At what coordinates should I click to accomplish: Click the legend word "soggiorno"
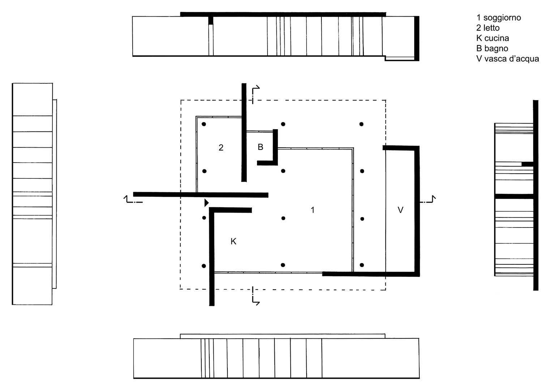[502, 18]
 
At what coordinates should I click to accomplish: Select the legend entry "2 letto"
[488, 28]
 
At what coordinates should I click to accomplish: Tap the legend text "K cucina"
[493, 38]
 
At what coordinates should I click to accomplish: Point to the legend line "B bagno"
[492, 48]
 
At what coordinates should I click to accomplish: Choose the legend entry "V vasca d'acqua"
[508, 59]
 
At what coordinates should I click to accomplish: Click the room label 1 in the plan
[312, 210]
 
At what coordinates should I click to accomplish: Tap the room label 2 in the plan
[221, 148]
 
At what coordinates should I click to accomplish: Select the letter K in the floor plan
[234, 242]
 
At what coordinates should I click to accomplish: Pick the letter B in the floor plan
[261, 147]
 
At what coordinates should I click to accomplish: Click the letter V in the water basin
[401, 210]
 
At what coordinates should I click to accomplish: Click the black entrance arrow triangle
[206, 203]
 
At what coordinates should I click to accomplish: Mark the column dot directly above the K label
[204, 218]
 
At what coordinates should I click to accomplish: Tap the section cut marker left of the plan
[133, 199]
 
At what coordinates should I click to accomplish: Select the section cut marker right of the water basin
[428, 199]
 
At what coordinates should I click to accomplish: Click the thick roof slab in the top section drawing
[283, 14]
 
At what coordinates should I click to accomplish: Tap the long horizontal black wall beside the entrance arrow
[201, 195]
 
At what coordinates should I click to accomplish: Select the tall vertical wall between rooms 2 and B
[244, 133]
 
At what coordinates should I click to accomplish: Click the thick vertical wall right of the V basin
[417, 211]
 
